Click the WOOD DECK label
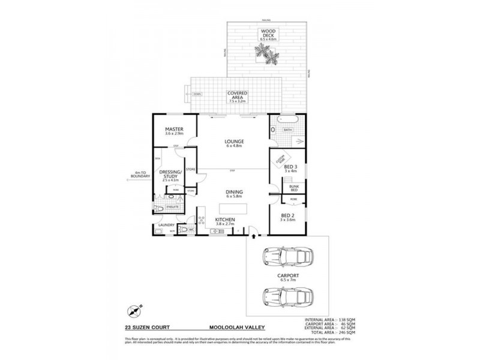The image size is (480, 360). [x=267, y=34]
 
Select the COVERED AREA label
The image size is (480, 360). [x=237, y=97]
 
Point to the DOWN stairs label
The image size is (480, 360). [x=197, y=94]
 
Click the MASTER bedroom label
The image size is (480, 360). [x=174, y=132]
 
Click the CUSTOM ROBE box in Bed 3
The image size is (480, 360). [x=280, y=161]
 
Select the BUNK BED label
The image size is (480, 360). [x=294, y=188]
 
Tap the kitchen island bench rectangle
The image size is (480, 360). [x=233, y=208]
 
